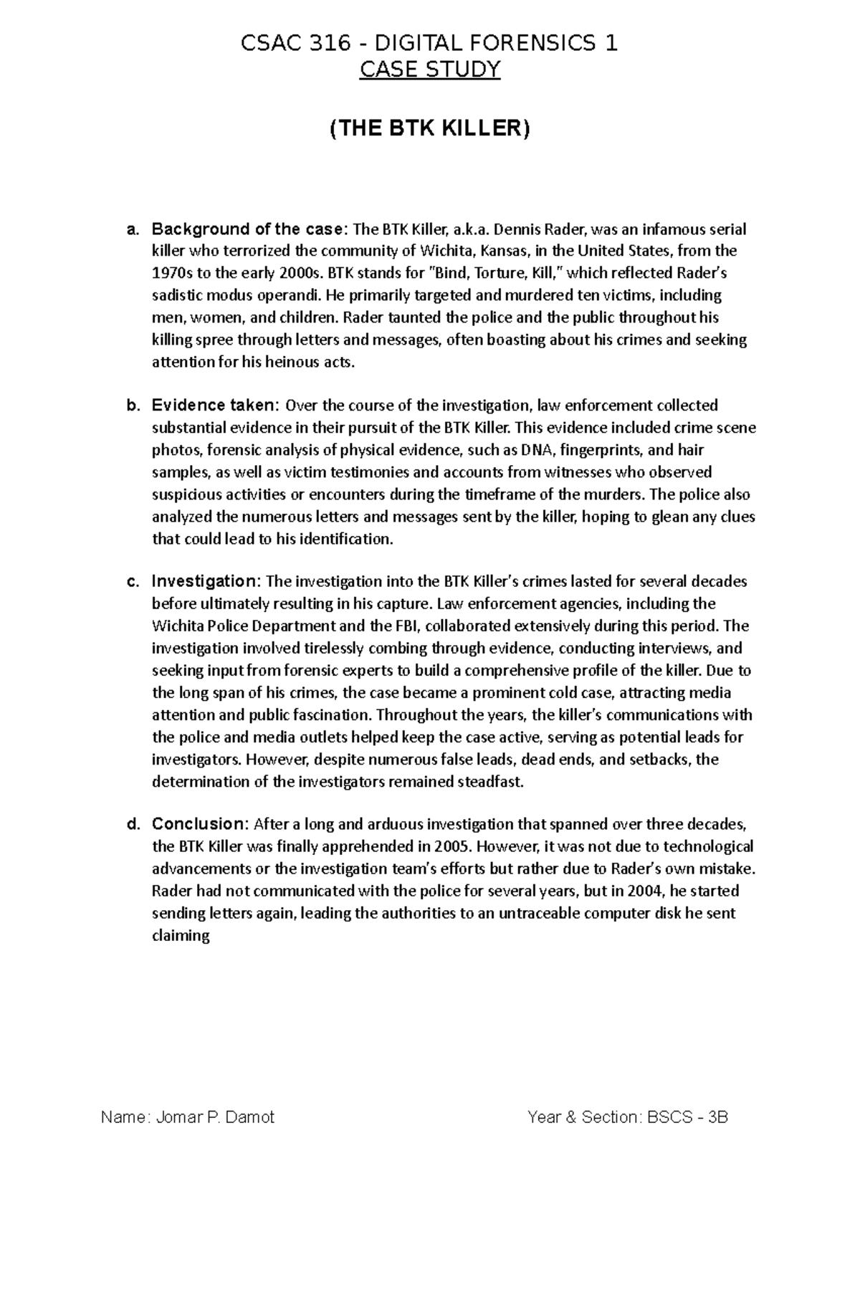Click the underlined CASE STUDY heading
[429, 70]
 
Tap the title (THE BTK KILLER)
[429, 129]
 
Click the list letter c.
[132, 581]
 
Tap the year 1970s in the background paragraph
[171, 274]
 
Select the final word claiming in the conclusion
[181, 936]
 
